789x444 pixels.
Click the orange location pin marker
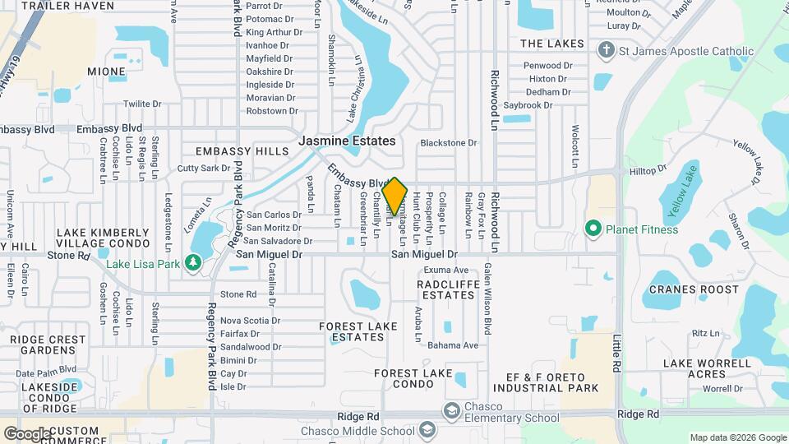pyautogui.click(x=394, y=196)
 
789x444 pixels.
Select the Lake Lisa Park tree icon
pyautogui.click(x=193, y=262)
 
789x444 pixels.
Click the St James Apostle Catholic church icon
pyautogui.click(x=607, y=52)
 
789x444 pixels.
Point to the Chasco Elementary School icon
pyautogui.click(x=451, y=410)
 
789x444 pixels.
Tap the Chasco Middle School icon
pyautogui.click(x=427, y=430)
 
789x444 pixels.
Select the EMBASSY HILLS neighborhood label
pyautogui.click(x=242, y=151)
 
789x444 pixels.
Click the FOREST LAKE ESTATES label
pyautogui.click(x=358, y=331)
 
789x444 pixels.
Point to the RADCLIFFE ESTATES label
pyautogui.click(x=445, y=289)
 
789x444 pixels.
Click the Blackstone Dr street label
pyautogui.click(x=448, y=143)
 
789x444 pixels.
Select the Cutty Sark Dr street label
pyautogui.click(x=204, y=168)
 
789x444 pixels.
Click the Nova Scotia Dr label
pyautogui.click(x=250, y=321)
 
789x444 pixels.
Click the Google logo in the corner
pyautogui.click(x=27, y=433)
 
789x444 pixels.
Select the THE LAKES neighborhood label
pyautogui.click(x=552, y=44)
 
